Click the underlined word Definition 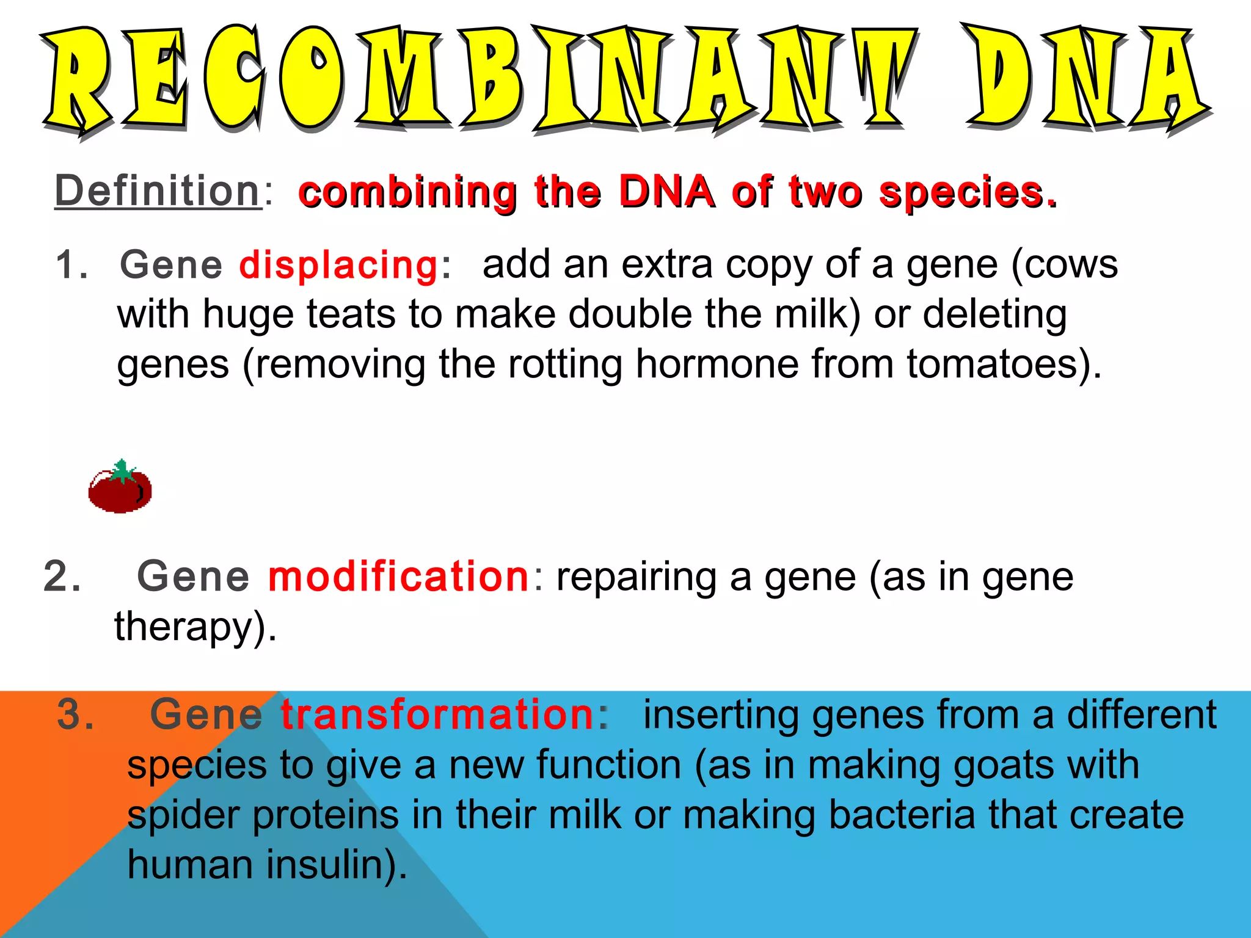(x=158, y=191)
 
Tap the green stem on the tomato (x=123, y=470)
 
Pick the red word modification (x=398, y=576)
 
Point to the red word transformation (x=437, y=714)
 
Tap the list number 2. (x=62, y=576)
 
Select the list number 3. (x=75, y=714)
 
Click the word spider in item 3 (x=183, y=816)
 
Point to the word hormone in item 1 (x=717, y=365)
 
